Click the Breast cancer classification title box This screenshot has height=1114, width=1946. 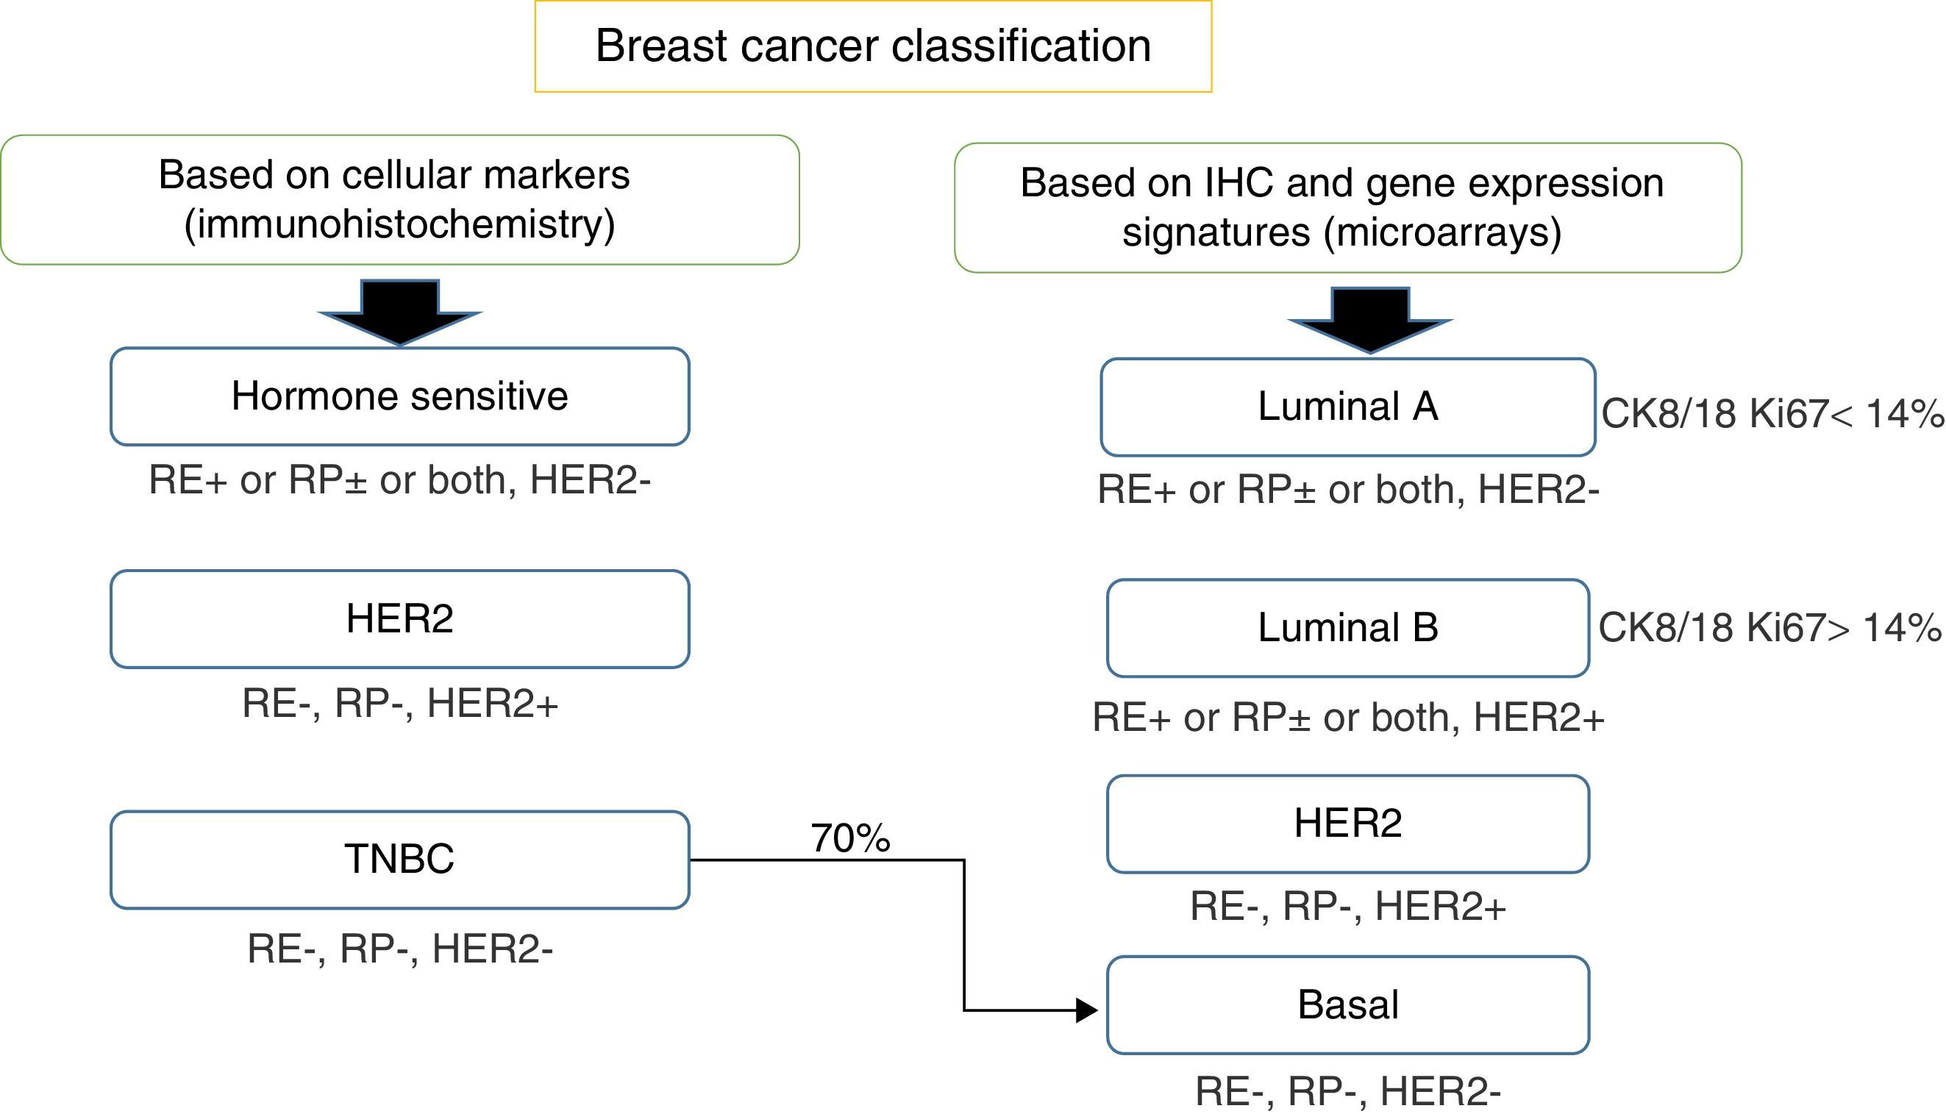pos(872,46)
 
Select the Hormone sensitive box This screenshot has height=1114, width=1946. pos(399,396)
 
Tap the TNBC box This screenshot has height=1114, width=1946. pos(399,860)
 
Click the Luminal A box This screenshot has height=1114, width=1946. pos(1347,407)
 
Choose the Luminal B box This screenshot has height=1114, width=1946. pos(1347,628)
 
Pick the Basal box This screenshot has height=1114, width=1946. pos(1347,1004)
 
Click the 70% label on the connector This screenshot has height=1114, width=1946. pos(850,838)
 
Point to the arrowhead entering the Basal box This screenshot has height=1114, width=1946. pos(1087,1010)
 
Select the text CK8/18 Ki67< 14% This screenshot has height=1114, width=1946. pos(1772,414)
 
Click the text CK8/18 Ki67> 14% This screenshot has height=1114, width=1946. pos(1769,628)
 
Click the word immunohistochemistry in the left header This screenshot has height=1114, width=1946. pos(399,224)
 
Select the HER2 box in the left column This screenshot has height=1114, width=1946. pos(399,619)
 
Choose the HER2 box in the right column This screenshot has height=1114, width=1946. pos(1347,824)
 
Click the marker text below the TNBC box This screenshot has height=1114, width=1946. pos(399,949)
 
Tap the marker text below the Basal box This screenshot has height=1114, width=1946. pos(1347,1091)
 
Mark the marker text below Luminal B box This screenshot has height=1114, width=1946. pos(1347,718)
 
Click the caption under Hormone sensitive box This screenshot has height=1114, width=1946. pos(399,480)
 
